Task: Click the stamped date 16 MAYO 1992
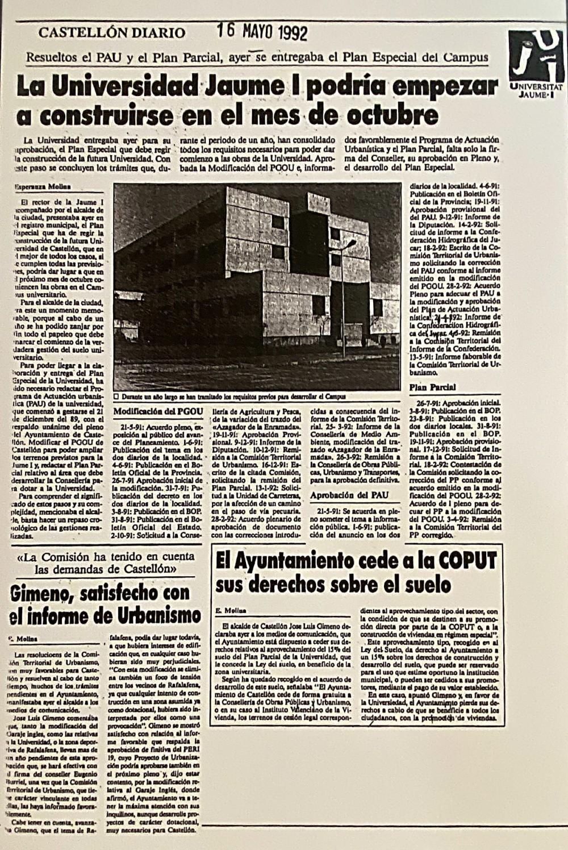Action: point(262,32)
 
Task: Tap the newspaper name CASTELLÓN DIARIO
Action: point(112,33)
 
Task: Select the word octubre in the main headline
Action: point(391,115)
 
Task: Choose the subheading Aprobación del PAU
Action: point(349,495)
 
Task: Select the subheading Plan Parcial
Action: point(432,387)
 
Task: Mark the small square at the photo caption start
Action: point(116,397)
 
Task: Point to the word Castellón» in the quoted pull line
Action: point(148,569)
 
